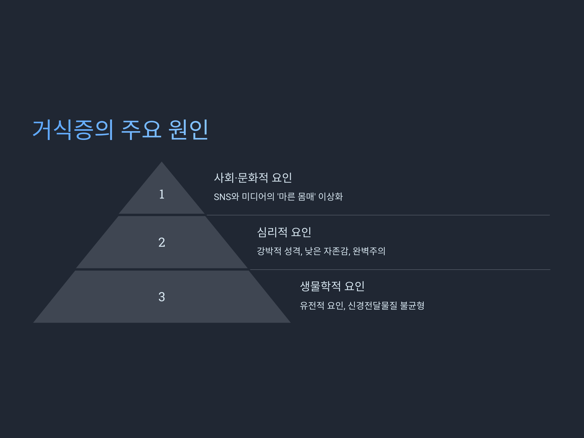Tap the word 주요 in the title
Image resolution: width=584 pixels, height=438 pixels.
(141, 130)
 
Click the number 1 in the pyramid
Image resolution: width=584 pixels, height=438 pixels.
(162, 194)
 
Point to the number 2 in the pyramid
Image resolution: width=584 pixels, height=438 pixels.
(162, 242)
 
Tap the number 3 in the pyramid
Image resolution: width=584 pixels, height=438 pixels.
(162, 297)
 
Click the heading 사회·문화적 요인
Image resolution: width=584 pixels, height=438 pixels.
(253, 178)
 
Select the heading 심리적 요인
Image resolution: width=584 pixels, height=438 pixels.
(284, 232)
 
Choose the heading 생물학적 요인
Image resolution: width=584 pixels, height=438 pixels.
(332, 286)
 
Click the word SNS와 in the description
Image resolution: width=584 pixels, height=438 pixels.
(226, 197)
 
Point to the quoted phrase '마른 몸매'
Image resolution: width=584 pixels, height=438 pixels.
(296, 197)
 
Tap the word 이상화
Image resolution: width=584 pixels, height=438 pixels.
(330, 197)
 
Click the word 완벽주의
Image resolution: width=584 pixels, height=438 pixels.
(369, 251)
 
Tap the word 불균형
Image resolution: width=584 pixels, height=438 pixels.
(412, 306)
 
